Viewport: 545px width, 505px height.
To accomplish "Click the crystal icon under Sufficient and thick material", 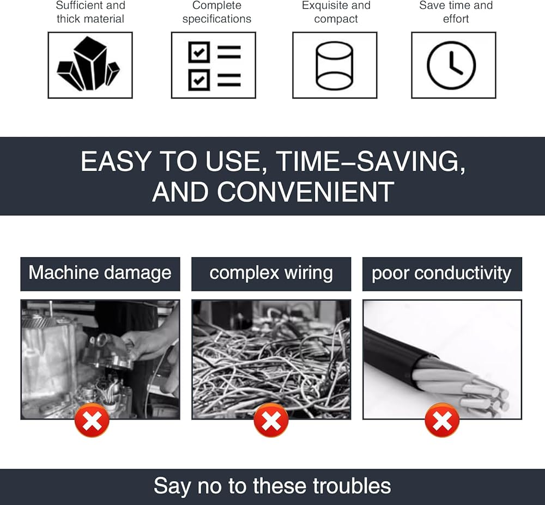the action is (x=88, y=64).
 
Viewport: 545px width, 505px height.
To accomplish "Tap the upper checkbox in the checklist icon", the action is (x=199, y=52).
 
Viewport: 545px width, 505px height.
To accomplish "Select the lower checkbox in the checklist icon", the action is (x=199, y=80).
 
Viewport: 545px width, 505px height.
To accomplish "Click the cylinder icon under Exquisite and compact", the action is (x=335, y=65).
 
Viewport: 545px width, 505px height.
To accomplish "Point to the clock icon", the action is (x=451, y=65).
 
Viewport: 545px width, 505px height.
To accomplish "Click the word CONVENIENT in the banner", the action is (x=306, y=192).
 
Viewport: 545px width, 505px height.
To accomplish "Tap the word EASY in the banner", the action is (x=116, y=161).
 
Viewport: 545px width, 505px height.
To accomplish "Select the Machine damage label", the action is (x=100, y=273).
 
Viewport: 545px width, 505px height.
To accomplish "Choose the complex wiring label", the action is (x=271, y=273).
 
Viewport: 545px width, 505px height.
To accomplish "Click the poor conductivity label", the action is (x=442, y=273).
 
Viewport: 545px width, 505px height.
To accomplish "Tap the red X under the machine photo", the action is (x=92, y=420).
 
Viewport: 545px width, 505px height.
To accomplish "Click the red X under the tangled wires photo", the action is (x=271, y=420).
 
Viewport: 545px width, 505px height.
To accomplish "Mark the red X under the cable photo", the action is (x=442, y=420).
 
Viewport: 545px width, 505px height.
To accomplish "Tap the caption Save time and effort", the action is (x=456, y=12).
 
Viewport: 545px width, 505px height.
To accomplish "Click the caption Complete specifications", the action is (x=217, y=12).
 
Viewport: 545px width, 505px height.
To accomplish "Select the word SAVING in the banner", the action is (x=408, y=161).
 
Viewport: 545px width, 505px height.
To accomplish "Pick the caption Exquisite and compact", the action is (x=336, y=12).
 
